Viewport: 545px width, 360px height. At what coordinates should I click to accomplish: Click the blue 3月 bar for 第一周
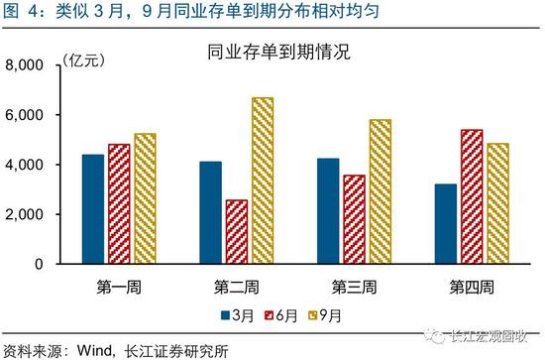92,209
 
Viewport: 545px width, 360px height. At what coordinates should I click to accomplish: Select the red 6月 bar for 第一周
119,204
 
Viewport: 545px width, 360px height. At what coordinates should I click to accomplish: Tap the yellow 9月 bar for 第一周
146,198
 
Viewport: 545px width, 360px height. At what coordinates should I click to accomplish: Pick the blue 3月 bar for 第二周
210,212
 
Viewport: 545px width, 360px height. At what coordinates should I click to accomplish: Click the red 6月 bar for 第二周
237,232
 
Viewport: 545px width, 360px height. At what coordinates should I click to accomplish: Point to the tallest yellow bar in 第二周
263,180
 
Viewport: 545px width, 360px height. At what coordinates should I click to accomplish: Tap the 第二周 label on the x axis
236,288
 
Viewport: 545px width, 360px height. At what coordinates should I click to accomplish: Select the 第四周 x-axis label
471,288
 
